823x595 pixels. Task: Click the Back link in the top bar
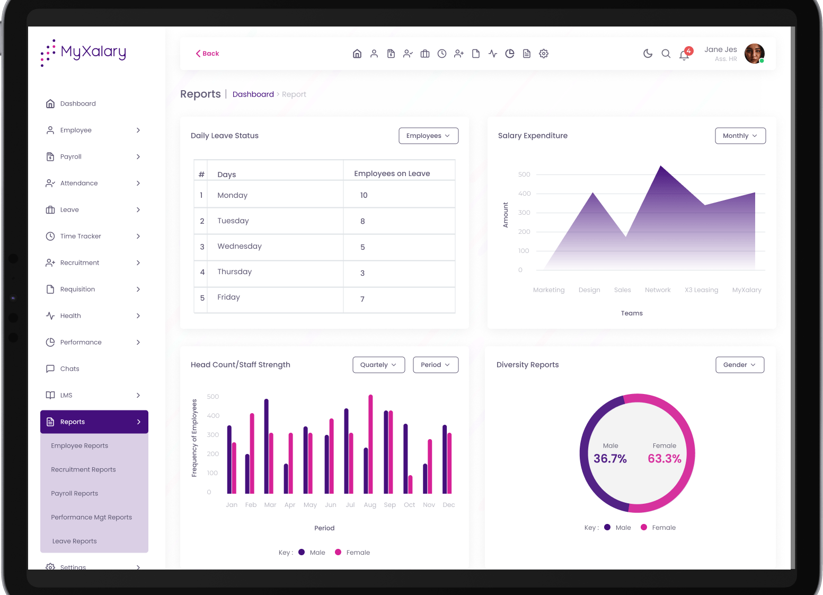point(207,54)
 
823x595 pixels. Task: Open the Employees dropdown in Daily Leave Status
point(428,136)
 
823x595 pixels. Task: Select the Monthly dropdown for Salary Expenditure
point(740,136)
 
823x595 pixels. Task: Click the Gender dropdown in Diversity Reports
point(739,365)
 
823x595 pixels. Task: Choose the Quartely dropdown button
point(378,365)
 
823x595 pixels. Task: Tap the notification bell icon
point(684,55)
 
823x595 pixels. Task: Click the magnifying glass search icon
point(666,54)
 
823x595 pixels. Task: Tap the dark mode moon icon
point(648,54)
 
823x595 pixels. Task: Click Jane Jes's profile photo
point(754,54)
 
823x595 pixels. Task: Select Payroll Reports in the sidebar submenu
point(75,493)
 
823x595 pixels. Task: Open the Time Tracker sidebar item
point(81,236)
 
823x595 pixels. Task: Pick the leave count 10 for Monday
point(364,195)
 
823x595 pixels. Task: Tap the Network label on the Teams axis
point(658,290)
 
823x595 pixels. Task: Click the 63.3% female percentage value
point(665,459)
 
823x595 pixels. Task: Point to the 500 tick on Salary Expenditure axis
point(524,174)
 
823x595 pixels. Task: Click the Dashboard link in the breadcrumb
point(253,94)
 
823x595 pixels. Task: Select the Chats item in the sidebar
point(69,369)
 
